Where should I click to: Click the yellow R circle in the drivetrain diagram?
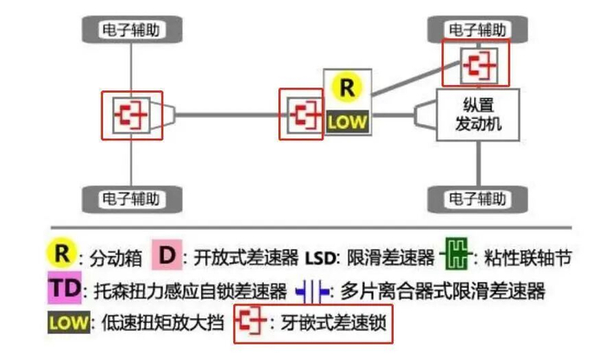[x=347, y=88]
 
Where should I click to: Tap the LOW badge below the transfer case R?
[x=347, y=122]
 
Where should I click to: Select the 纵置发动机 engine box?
[x=478, y=115]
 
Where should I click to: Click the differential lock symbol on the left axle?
[x=131, y=115]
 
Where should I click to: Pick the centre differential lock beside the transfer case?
[x=305, y=115]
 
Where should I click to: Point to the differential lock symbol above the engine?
[x=479, y=65]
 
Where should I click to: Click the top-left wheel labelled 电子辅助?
[x=132, y=29]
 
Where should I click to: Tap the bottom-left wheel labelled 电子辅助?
[x=132, y=200]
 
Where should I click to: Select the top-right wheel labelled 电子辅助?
[x=477, y=29]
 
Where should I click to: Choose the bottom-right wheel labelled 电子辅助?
[x=477, y=200]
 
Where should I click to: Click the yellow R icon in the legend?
[x=62, y=254]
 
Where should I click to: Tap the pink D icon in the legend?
[x=166, y=255]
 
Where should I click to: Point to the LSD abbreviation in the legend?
[x=320, y=259]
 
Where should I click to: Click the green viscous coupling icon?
[x=456, y=254]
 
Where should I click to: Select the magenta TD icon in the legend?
[x=65, y=288]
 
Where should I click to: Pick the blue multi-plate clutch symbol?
[x=312, y=291]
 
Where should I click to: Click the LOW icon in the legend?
[x=69, y=322]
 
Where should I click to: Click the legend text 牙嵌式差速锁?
[x=334, y=323]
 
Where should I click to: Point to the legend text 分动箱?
[x=115, y=259]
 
